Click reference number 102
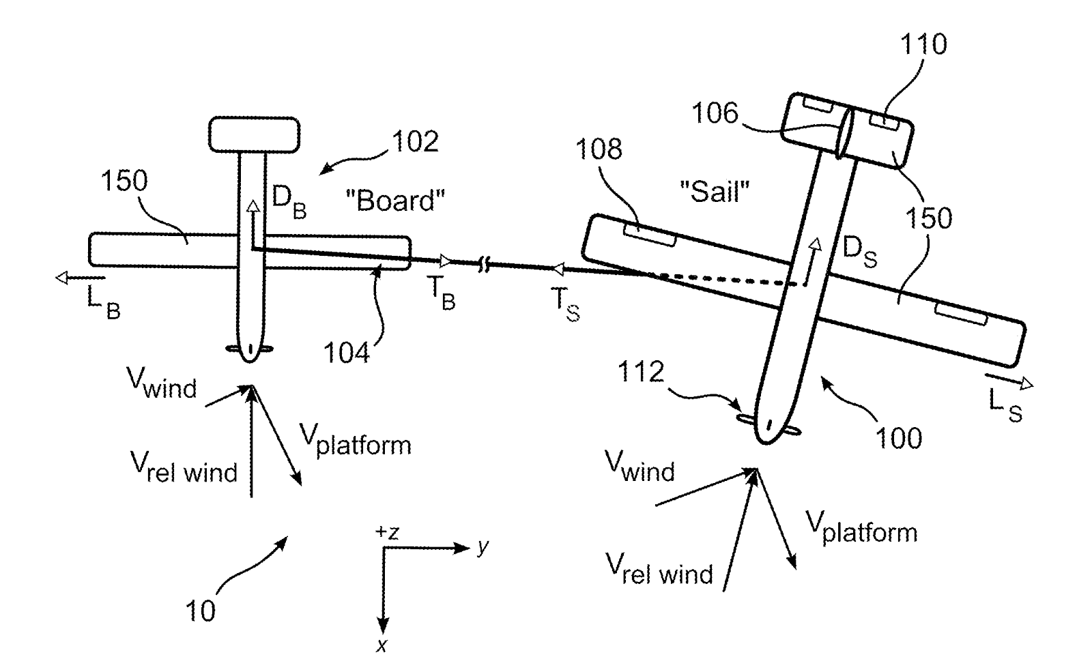(414, 142)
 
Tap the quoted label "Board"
(395, 201)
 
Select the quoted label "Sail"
(715, 192)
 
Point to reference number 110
(923, 44)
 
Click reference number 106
(715, 113)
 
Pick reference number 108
(599, 149)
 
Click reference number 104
(346, 353)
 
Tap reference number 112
(640, 372)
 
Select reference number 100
(898, 437)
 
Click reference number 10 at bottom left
(200, 611)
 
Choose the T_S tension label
(564, 305)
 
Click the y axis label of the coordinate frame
(483, 546)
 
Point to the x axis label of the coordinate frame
(382, 645)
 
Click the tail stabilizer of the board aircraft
(254, 134)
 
